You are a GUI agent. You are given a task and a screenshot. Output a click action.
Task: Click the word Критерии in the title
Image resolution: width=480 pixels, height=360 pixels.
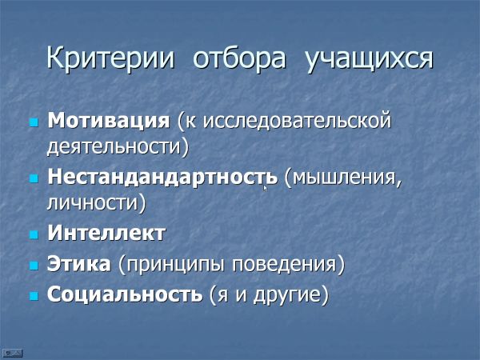pyautogui.click(x=110, y=58)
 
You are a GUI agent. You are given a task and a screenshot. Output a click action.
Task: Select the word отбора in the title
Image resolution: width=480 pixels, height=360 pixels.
pyautogui.click(x=239, y=58)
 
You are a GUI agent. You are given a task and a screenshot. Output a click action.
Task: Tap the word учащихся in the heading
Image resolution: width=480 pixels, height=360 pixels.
pyautogui.click(x=369, y=60)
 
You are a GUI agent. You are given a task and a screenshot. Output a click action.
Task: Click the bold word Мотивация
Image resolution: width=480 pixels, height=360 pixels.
pyautogui.click(x=108, y=120)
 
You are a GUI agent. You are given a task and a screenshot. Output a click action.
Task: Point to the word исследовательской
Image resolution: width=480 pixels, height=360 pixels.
pyautogui.click(x=297, y=120)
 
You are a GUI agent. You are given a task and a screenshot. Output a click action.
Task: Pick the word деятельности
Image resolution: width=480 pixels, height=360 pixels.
pyautogui.click(x=114, y=147)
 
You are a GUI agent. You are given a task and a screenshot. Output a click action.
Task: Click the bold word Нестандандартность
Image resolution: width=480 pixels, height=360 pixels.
pyautogui.click(x=162, y=178)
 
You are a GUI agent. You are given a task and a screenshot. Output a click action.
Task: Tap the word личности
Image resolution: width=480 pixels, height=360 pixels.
pyautogui.click(x=93, y=203)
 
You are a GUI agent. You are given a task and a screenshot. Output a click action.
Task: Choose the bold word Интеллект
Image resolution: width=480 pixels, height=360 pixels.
pyautogui.click(x=106, y=233)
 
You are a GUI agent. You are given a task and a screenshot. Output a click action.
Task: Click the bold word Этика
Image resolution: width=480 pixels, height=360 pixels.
pyautogui.click(x=79, y=263)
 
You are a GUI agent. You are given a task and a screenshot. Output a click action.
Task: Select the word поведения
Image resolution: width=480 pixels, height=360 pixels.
pyautogui.click(x=284, y=264)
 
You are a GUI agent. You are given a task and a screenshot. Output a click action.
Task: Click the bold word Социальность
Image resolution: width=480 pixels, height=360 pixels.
pyautogui.click(x=125, y=294)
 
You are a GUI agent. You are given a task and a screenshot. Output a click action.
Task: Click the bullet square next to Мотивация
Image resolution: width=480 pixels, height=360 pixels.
pyautogui.click(x=34, y=122)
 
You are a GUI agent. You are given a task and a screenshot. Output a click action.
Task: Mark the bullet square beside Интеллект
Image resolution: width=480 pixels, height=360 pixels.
pyautogui.click(x=34, y=234)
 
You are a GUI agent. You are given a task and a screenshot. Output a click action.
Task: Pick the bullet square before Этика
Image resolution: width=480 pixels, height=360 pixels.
pyautogui.click(x=34, y=266)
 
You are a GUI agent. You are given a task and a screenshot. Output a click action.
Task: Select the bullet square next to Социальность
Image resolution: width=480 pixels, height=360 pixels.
pyautogui.click(x=34, y=296)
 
